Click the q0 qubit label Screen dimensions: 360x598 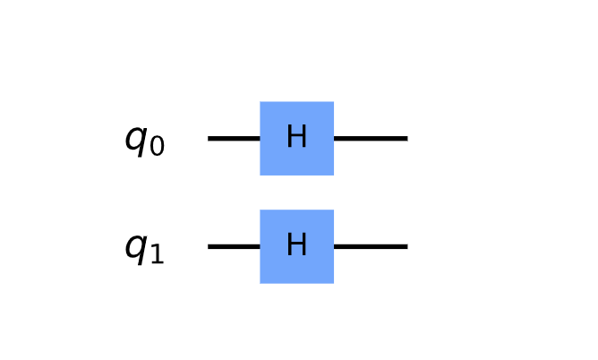(144, 141)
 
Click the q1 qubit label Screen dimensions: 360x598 (144, 248)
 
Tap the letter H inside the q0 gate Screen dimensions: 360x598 (296, 138)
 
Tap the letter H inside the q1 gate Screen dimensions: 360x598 (296, 245)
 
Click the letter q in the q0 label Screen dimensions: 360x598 (135, 140)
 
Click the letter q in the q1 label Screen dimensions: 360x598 (135, 247)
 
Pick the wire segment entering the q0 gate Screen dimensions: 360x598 (234, 138)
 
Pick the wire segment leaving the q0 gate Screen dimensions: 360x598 (371, 138)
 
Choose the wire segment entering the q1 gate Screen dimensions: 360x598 (234, 246)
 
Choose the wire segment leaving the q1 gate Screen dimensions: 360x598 (371, 246)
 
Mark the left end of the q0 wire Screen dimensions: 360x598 (209, 138)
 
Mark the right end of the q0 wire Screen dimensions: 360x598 (406, 138)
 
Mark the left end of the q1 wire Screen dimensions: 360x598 (209, 246)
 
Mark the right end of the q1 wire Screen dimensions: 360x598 (406, 246)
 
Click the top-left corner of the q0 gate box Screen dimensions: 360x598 (261, 102)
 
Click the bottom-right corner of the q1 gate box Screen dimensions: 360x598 (333, 283)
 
